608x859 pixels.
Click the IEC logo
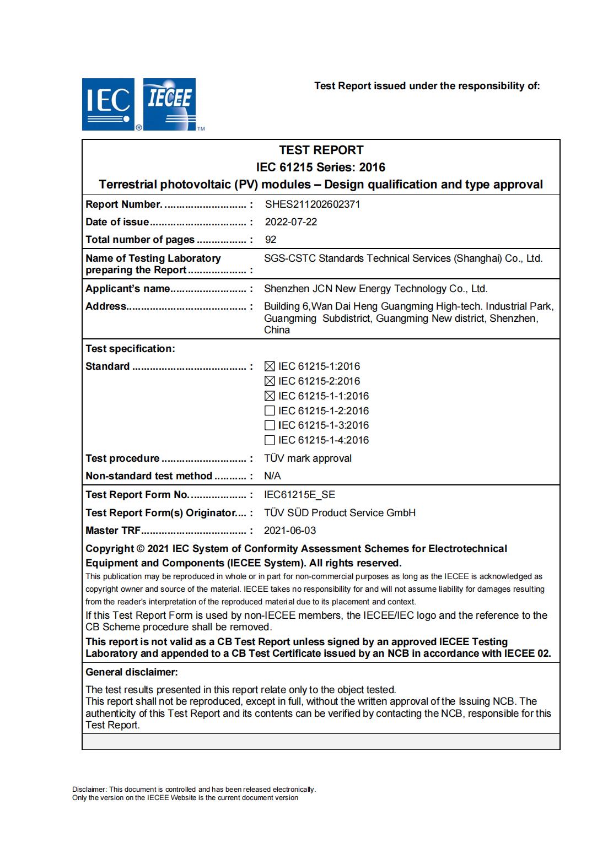click(x=108, y=104)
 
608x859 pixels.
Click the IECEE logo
click(x=170, y=104)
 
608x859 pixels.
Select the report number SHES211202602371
click(x=313, y=204)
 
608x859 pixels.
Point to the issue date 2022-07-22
click(x=291, y=222)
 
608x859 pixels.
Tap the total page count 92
click(x=271, y=240)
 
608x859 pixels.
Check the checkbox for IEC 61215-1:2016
click(x=270, y=366)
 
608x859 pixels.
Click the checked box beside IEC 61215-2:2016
click(x=270, y=381)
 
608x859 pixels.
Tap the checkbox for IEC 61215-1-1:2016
click(x=270, y=396)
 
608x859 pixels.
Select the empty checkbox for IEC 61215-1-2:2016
click(x=270, y=411)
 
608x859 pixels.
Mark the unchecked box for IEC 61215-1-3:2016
click(x=270, y=425)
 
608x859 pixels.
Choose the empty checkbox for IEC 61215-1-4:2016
click(x=270, y=440)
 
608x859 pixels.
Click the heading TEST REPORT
click(x=321, y=150)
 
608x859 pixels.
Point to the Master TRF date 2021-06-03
click(x=290, y=531)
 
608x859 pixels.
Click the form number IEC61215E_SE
click(x=299, y=495)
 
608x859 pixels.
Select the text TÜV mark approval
click(x=308, y=458)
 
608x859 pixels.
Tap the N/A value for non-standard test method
click(x=272, y=476)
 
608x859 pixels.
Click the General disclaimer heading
click(x=132, y=672)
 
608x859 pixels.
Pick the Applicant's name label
click(x=127, y=289)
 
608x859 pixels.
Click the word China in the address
click(x=277, y=330)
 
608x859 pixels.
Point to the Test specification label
click(x=130, y=349)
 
